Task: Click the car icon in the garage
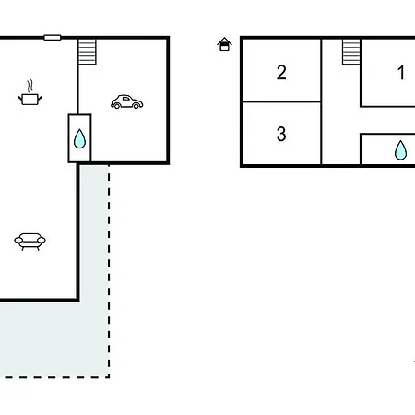(x=126, y=101)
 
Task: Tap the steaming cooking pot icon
(x=30, y=93)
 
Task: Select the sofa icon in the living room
(x=30, y=242)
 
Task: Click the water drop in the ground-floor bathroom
(x=79, y=138)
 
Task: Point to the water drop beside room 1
(x=400, y=150)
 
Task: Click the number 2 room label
(x=281, y=73)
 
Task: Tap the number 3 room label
(x=281, y=134)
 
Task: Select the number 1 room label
(x=401, y=73)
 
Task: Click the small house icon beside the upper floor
(x=224, y=44)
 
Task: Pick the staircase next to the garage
(x=88, y=52)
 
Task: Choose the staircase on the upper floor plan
(x=351, y=52)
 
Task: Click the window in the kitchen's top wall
(x=53, y=38)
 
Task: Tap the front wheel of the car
(x=136, y=106)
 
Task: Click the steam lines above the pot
(x=30, y=86)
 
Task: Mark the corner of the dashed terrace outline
(x=109, y=377)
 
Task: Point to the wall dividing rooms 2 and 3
(x=282, y=101)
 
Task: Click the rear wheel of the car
(x=117, y=106)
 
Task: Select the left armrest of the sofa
(x=18, y=241)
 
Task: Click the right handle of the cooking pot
(x=40, y=99)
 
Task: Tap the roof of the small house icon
(x=224, y=41)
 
